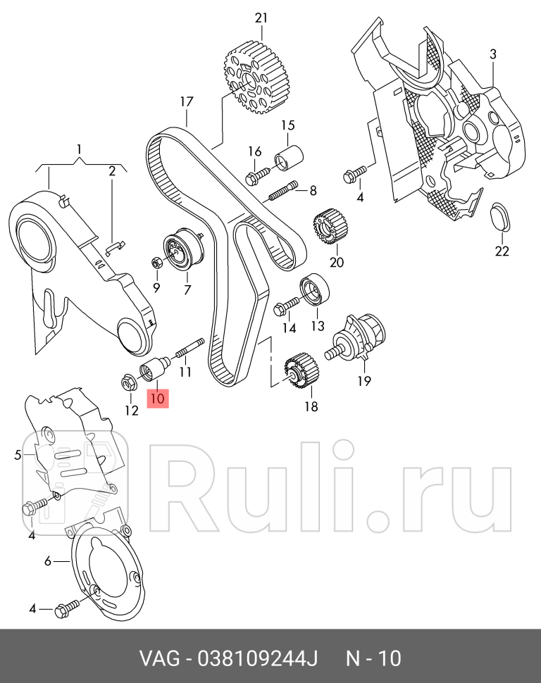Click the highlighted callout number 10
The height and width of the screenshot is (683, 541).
pos(156,398)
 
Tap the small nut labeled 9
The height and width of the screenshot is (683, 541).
pos(157,263)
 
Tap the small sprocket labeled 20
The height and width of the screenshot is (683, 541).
pos(327,231)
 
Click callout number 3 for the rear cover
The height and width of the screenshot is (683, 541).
pos(493,54)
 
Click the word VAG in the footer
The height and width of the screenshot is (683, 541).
pos(158,659)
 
